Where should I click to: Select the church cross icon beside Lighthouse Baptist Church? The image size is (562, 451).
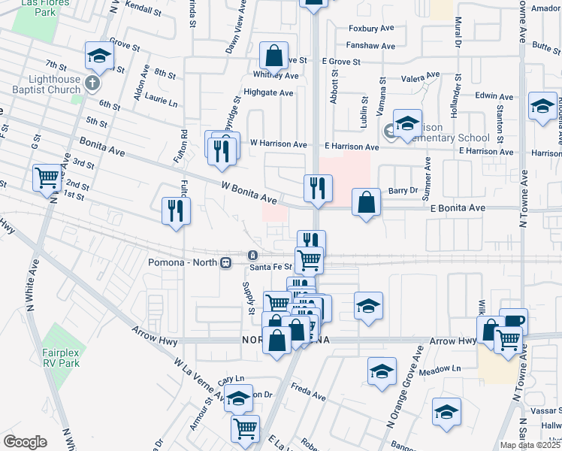pyautogui.click(x=92, y=82)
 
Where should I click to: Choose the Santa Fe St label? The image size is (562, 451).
pyautogui.click(x=270, y=267)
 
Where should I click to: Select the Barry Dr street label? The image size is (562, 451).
pyautogui.click(x=403, y=191)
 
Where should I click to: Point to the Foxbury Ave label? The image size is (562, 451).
pyautogui.click(x=371, y=29)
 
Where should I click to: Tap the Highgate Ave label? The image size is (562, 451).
pyautogui.click(x=273, y=93)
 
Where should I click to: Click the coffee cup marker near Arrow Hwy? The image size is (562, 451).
pyautogui.click(x=514, y=321)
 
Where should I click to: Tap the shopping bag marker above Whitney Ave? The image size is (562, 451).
pyautogui.click(x=274, y=55)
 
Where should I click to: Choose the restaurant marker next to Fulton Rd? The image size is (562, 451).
pyautogui.click(x=177, y=210)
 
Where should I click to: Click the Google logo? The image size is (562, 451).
pyautogui.click(x=25, y=441)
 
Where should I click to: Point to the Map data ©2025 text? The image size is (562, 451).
pyautogui.click(x=530, y=445)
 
